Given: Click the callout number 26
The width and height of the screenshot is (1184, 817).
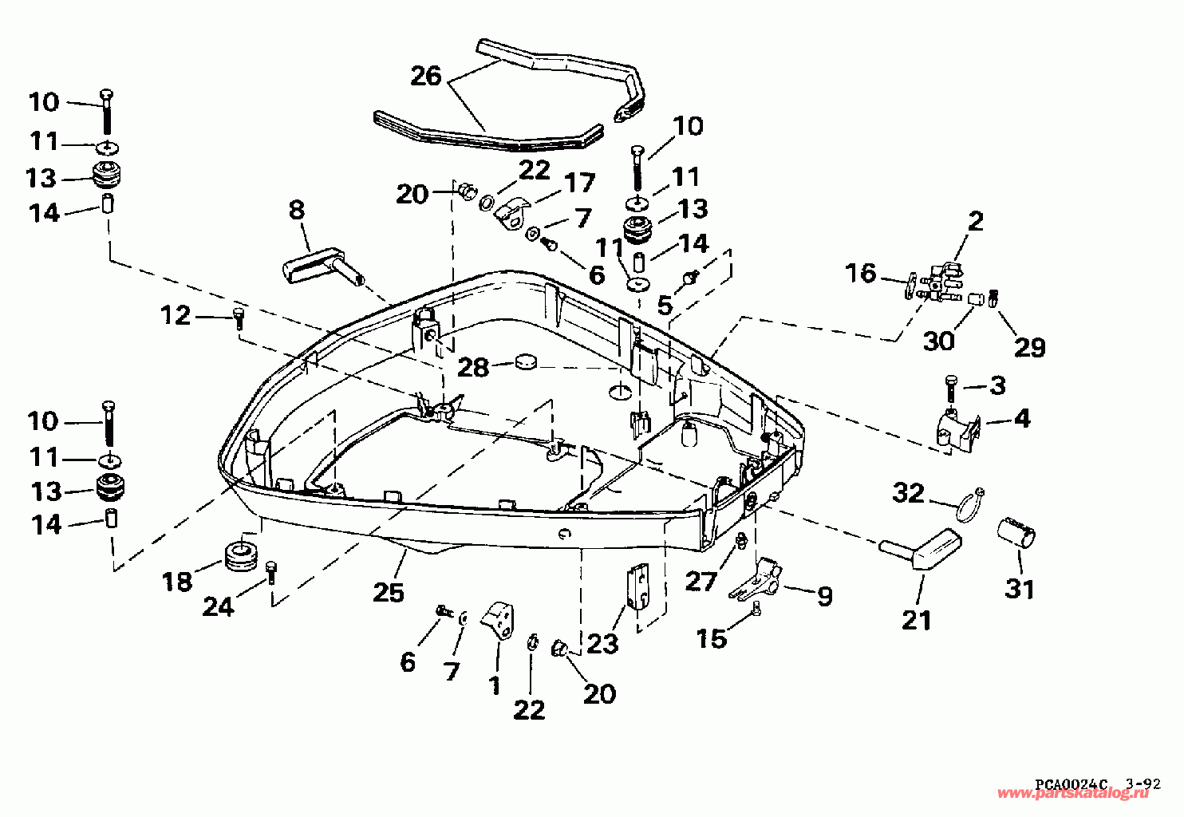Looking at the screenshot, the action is tap(426, 76).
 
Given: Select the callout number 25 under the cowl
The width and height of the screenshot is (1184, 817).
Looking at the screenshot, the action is tap(389, 592).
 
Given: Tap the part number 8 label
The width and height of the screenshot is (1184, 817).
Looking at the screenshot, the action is tap(297, 211).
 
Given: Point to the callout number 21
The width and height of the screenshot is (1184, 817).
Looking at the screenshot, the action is tap(917, 620).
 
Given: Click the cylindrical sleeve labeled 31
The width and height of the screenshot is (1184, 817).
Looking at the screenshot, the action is tap(1016, 535).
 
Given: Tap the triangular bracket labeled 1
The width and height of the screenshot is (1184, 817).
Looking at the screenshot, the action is tap(499, 621).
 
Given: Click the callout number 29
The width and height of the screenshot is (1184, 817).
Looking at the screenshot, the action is tap(1030, 348).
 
